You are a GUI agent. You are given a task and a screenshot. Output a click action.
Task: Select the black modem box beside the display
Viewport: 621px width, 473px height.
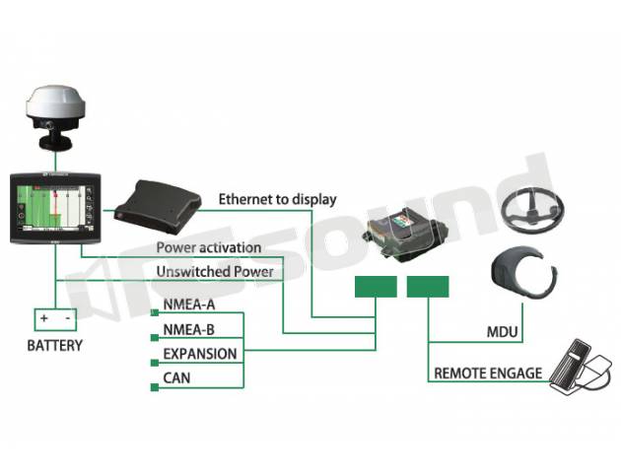point(158,207)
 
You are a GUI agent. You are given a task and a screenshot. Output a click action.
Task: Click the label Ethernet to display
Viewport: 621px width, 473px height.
point(277,199)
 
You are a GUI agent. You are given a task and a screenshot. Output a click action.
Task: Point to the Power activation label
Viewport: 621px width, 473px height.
point(209,247)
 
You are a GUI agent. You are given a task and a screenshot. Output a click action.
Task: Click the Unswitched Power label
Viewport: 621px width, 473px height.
point(215,272)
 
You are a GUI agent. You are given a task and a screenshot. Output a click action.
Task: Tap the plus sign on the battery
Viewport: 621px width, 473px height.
point(44,318)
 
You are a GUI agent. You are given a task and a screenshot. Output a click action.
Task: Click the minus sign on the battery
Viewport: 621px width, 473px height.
point(68,318)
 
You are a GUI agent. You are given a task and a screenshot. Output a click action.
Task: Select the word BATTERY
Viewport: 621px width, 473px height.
point(54,346)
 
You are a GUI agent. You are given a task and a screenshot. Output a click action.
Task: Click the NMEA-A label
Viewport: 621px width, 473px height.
point(189,304)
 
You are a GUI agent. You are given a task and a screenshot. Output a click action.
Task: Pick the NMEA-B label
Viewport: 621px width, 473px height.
point(188,329)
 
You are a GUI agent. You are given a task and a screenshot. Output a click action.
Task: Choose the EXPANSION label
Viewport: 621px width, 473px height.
point(200,354)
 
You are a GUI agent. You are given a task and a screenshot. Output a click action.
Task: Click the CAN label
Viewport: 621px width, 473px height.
point(176,378)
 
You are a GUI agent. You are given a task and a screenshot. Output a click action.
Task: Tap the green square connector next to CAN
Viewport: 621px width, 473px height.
point(155,387)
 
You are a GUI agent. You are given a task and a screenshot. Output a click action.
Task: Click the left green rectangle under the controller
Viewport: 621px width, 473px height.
point(376,287)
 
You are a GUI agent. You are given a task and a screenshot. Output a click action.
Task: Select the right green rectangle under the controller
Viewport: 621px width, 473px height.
point(428,287)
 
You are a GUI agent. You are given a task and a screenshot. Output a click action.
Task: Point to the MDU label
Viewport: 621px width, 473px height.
point(502,332)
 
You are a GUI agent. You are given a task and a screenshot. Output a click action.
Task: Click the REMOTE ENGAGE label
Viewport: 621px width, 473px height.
point(488,373)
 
